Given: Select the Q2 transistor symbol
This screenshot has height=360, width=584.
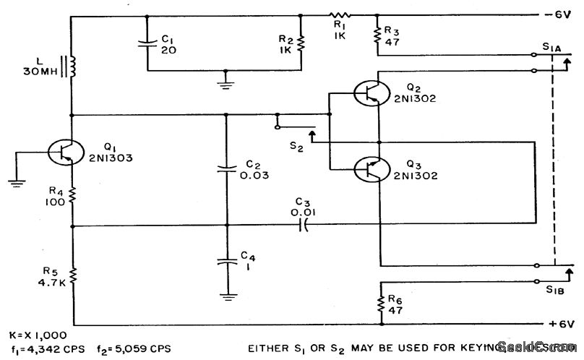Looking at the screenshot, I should pos(369,94).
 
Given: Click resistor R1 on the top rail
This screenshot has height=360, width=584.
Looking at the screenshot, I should pos(339,14).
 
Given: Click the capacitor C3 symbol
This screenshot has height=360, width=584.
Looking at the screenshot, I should pos(304,226).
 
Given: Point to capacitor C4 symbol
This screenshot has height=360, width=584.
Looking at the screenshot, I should pos(227,262).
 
